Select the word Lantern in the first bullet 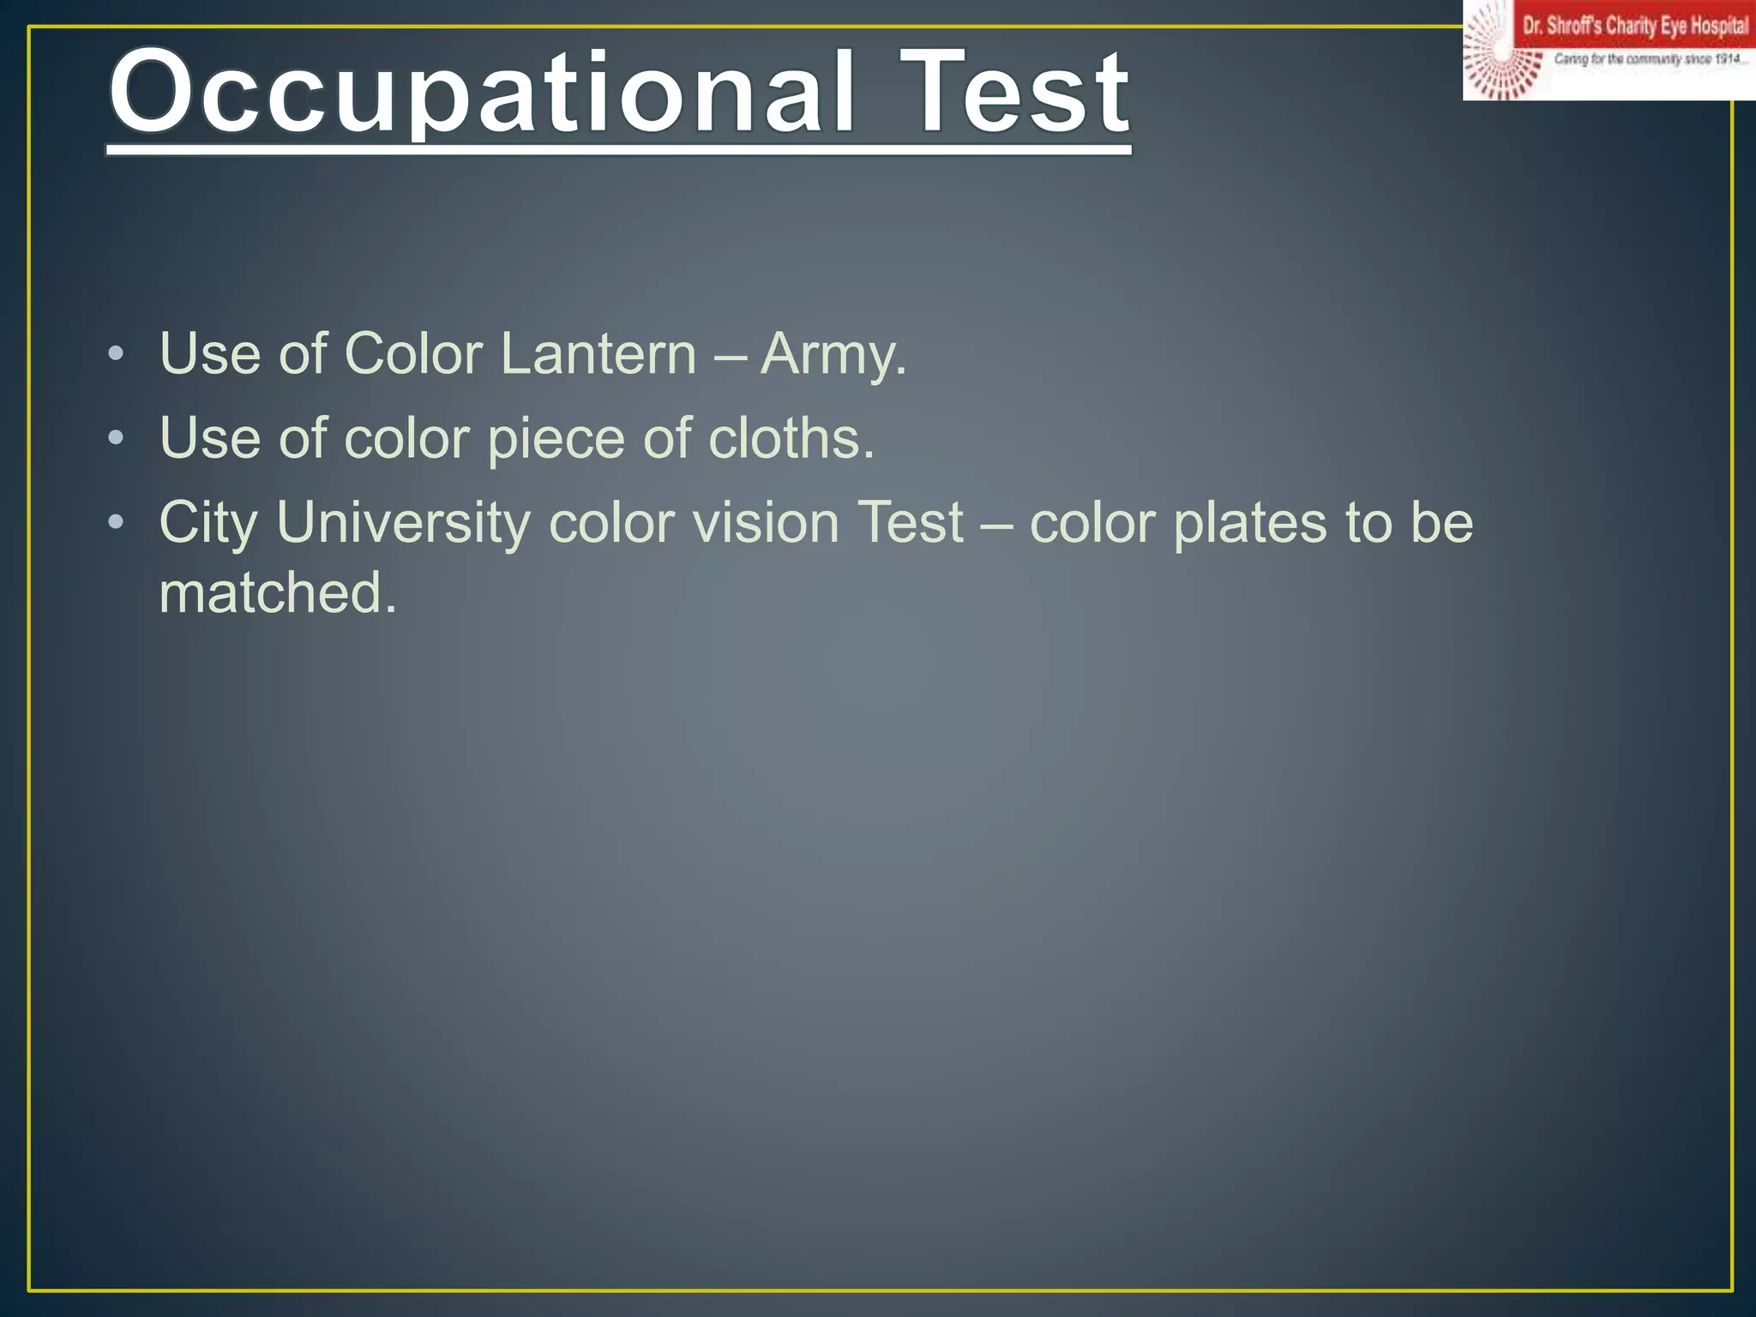(x=598, y=353)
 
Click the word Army (x=833, y=355)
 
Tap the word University (x=403, y=523)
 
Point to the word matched (x=278, y=592)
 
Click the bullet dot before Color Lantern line (x=117, y=353)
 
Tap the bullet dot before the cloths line (x=117, y=438)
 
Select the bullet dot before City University (x=117, y=522)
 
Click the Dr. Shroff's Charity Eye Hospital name (x=1634, y=26)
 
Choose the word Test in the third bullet (x=911, y=522)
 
